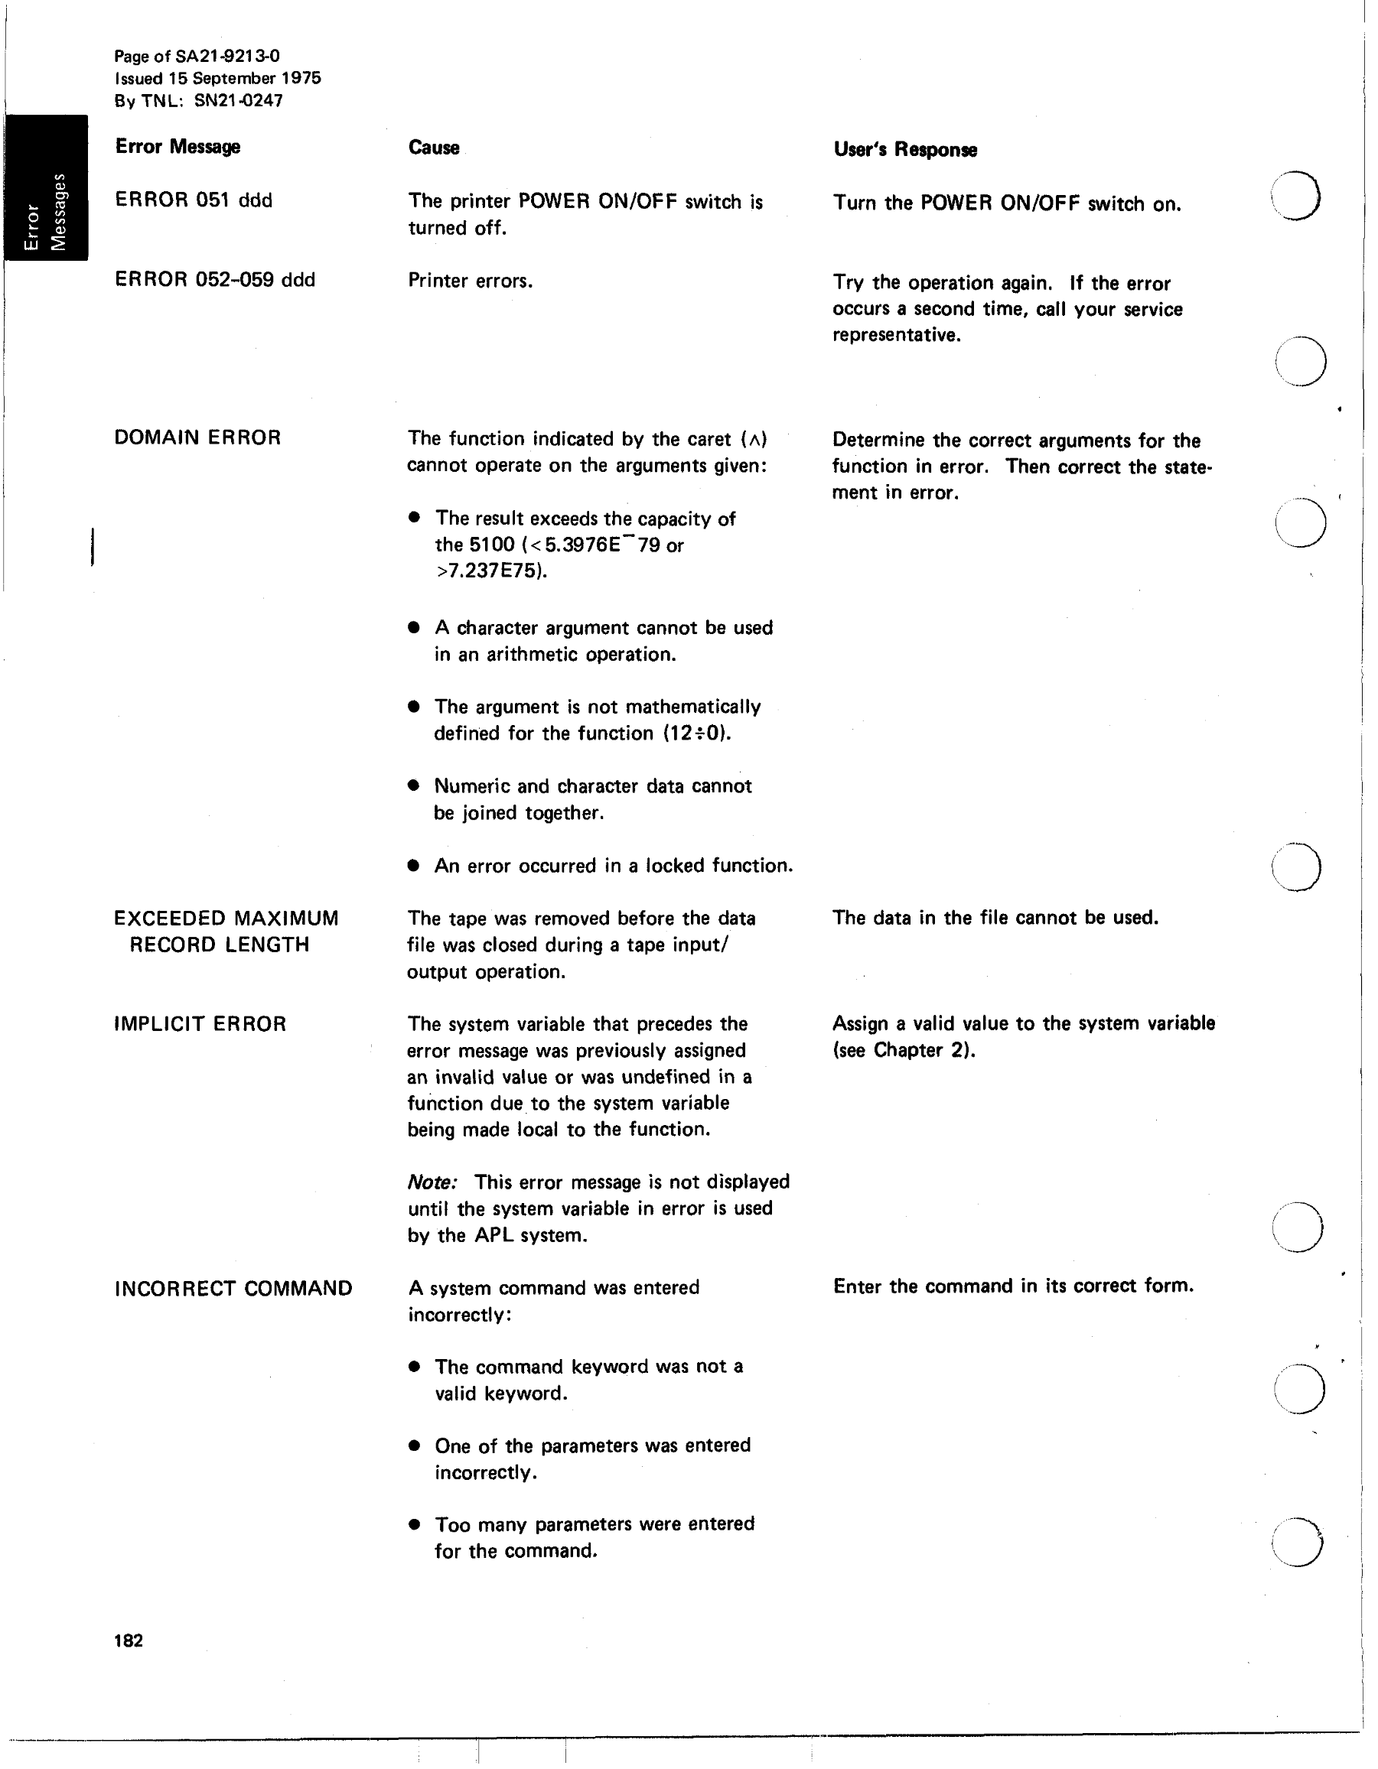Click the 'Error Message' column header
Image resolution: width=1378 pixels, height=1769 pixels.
(x=178, y=147)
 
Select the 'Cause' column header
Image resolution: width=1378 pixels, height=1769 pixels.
(x=433, y=148)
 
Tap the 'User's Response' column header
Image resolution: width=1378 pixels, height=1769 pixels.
(x=905, y=150)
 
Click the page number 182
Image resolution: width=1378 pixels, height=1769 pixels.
(x=129, y=1641)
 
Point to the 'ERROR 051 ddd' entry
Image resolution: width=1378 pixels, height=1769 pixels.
(x=194, y=200)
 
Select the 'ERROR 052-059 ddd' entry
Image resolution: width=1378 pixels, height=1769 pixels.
(x=215, y=279)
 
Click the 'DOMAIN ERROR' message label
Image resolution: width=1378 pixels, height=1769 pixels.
(x=197, y=437)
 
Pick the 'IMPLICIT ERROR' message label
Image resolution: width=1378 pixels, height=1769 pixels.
(x=200, y=1024)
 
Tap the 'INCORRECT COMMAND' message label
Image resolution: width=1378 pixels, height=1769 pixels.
(x=233, y=1288)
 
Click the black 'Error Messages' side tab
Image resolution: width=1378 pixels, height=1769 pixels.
(x=45, y=187)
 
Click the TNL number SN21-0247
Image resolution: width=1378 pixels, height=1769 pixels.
(x=238, y=100)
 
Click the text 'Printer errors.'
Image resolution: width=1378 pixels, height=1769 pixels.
(x=470, y=281)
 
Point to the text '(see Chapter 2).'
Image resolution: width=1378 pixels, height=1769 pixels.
(x=904, y=1050)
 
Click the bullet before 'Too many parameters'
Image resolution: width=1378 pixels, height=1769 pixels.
(x=415, y=1524)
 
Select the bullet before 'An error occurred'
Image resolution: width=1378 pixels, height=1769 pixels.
(x=414, y=866)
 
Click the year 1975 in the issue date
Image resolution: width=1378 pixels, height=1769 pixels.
(x=301, y=78)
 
